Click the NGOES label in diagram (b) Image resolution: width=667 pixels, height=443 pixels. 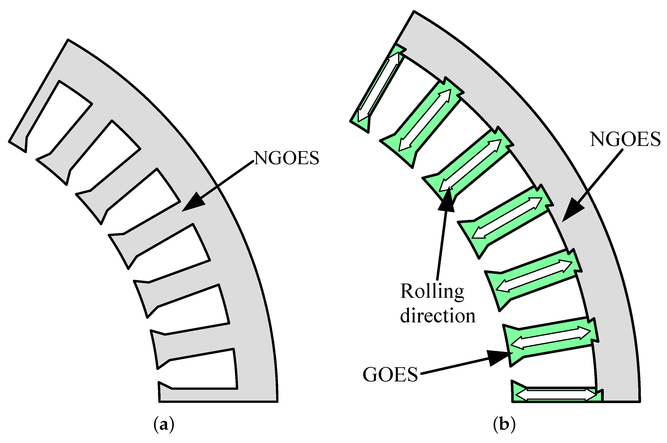point(625,139)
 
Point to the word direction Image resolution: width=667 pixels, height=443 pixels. point(438,316)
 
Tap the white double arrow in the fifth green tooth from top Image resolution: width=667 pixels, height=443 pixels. point(534,276)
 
